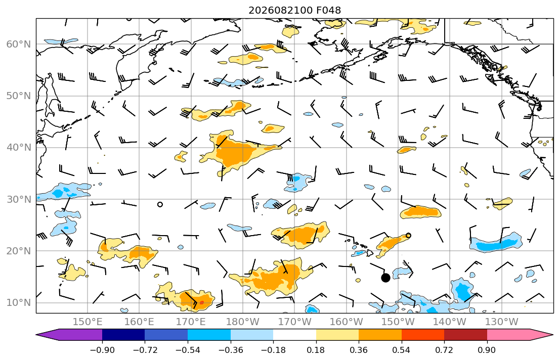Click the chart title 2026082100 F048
(x=294, y=10)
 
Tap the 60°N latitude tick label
(x=19, y=44)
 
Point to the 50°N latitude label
(x=19, y=96)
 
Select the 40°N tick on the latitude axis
(x=19, y=148)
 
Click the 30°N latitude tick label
(x=19, y=199)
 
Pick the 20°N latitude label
(x=19, y=251)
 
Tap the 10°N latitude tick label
(x=19, y=303)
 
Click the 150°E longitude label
(x=88, y=322)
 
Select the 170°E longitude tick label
(x=191, y=322)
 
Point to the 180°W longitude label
(x=243, y=322)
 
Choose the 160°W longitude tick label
(x=346, y=322)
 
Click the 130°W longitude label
(x=502, y=322)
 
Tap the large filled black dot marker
(x=385, y=278)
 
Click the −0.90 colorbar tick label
(x=102, y=350)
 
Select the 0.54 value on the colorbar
(x=402, y=350)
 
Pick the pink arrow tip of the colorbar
(x=552, y=335)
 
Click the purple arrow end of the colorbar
(x=37, y=335)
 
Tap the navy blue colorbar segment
(x=123, y=335)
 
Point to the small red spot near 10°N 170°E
(x=201, y=303)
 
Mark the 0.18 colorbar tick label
(x=316, y=350)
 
